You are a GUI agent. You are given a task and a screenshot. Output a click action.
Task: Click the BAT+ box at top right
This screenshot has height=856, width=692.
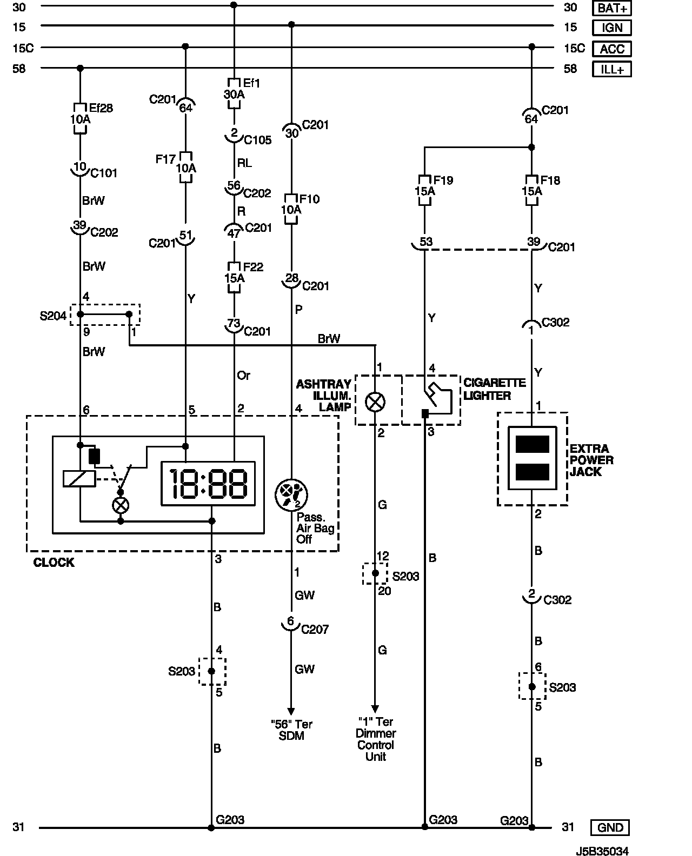611,8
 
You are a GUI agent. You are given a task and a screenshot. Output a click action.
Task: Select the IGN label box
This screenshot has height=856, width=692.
611,28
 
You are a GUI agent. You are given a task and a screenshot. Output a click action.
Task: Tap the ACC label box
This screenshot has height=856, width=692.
611,49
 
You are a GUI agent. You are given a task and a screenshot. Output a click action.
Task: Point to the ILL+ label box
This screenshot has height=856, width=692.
611,69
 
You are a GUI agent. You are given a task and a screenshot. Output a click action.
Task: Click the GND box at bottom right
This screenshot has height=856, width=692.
610,827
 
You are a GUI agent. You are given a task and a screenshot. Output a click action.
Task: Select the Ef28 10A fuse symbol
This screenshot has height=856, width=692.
80,118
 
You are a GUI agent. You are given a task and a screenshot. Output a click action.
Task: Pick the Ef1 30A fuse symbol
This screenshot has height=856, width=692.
234,93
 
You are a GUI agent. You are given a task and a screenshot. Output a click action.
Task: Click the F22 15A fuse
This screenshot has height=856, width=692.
234,277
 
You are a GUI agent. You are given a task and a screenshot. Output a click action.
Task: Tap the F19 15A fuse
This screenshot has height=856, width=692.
424,190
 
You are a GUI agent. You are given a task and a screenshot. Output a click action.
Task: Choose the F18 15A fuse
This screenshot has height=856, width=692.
531,190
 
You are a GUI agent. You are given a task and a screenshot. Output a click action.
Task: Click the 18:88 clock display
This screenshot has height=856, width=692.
208,484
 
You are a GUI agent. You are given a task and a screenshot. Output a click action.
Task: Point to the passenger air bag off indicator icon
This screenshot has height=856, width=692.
291,494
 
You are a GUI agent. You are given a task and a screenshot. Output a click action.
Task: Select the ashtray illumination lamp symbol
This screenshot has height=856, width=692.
375,402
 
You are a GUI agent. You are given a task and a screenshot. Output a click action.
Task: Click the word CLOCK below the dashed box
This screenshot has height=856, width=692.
54,562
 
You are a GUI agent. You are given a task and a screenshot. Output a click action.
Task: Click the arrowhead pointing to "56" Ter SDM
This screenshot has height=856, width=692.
291,711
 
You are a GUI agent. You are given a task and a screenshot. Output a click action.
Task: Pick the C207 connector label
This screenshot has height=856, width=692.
315,629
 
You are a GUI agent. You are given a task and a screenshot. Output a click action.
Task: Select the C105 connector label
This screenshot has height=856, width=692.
258,140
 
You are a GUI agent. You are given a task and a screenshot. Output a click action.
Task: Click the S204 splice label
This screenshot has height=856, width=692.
52,316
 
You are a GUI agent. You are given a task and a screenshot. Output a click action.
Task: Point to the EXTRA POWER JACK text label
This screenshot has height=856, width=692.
591,460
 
